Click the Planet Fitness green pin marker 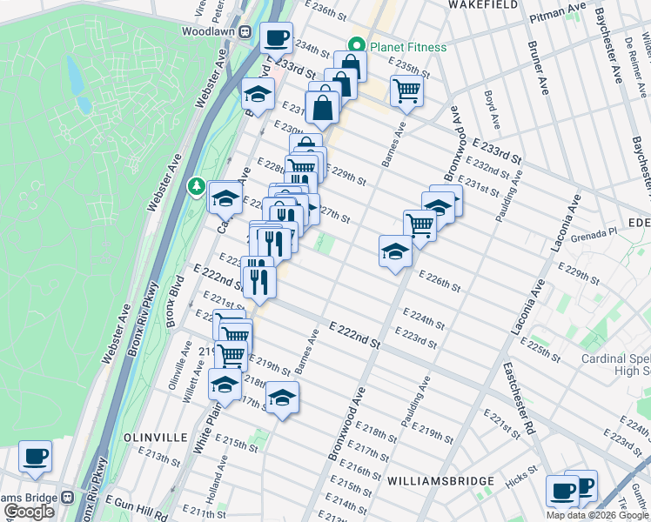tap(355, 46)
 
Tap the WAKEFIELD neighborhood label tap(483, 5)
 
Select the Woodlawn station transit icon tap(245, 31)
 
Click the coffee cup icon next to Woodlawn tap(277, 39)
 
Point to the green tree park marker tap(198, 186)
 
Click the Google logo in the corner tap(29, 512)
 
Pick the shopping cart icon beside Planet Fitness tap(406, 90)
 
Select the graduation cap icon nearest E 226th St tap(395, 252)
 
